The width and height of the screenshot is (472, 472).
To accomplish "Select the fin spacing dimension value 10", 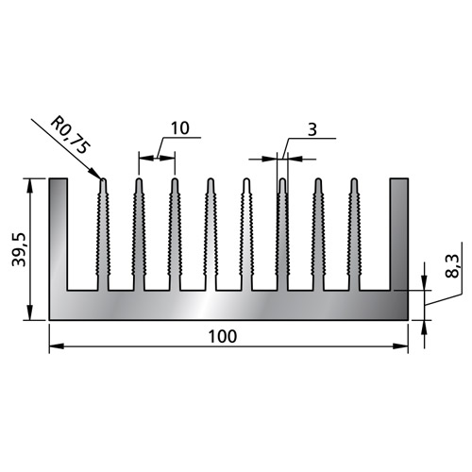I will click(x=181, y=127).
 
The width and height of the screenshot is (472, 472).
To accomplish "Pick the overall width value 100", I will click(x=225, y=335).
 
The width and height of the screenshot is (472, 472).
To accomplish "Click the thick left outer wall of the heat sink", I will click(x=58, y=236).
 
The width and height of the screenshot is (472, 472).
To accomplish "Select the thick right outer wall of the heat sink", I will click(x=399, y=236).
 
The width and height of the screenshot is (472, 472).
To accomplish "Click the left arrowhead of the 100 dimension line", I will click(x=55, y=346).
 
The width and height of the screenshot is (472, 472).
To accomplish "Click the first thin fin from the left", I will click(x=103, y=236).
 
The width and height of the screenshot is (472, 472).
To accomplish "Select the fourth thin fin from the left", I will click(x=211, y=236).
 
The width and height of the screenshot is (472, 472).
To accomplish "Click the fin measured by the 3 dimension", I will click(x=282, y=236).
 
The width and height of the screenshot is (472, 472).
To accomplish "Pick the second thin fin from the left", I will click(x=139, y=236).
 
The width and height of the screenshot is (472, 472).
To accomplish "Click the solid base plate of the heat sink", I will click(x=227, y=304).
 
